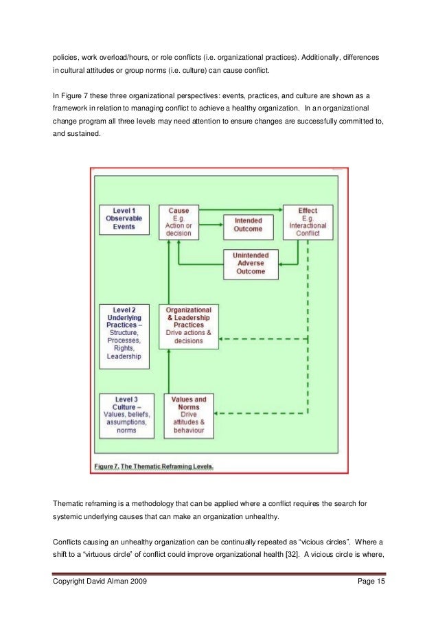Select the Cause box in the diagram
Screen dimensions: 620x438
(178, 221)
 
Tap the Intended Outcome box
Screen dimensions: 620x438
(249, 225)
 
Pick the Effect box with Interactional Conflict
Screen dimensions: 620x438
(308, 221)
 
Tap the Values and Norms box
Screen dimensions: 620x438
(189, 413)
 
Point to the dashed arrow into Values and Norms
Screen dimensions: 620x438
(261, 413)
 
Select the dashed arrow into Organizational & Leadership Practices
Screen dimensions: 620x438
(261, 338)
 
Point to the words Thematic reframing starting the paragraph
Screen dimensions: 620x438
(82, 504)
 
